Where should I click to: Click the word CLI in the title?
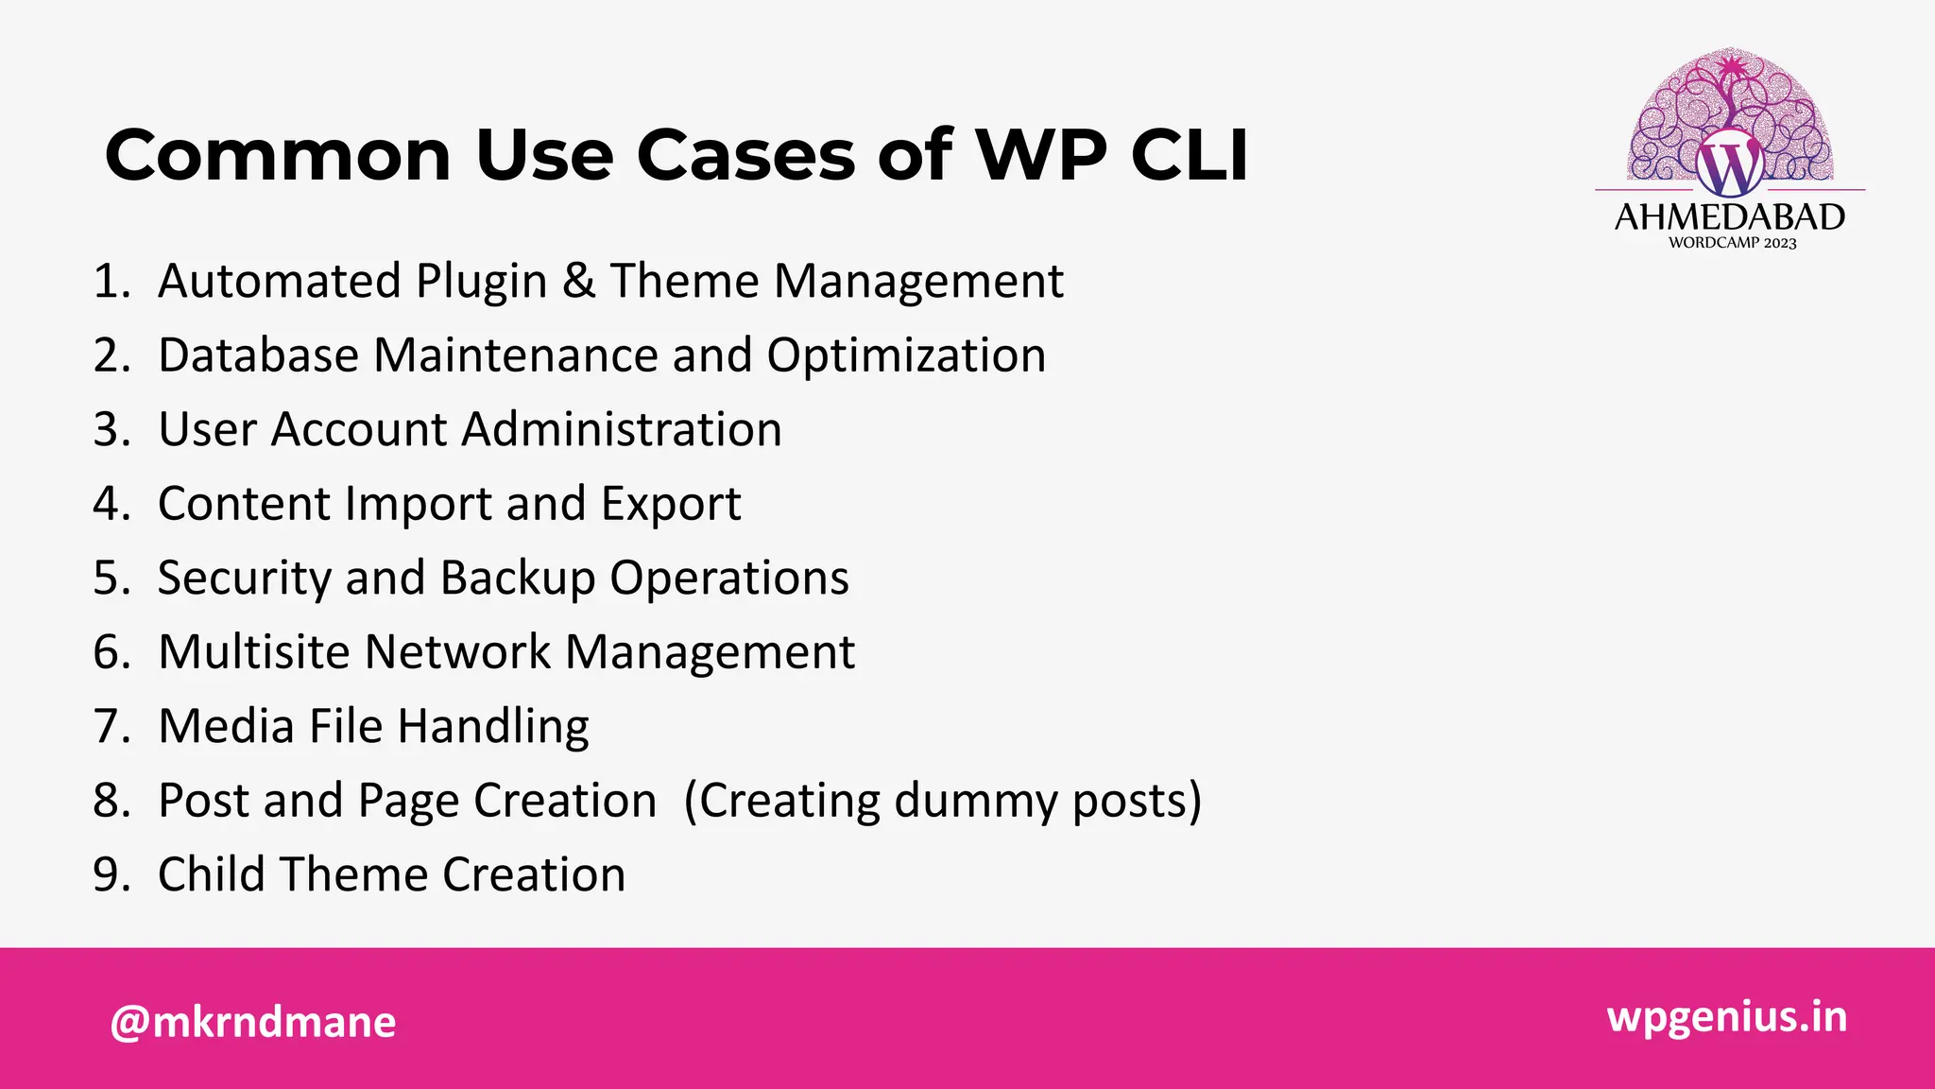click(1190, 155)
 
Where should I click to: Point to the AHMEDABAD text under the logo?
click(1729, 217)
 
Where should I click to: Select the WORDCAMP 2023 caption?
click(1732, 243)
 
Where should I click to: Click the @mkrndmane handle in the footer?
click(253, 1022)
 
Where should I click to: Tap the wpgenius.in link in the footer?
click(1726, 1017)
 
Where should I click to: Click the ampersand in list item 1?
click(578, 281)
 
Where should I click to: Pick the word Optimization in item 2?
click(906, 356)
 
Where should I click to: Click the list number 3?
click(111, 429)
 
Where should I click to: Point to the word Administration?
click(622, 429)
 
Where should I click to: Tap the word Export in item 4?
click(671, 504)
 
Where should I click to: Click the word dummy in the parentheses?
click(974, 802)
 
